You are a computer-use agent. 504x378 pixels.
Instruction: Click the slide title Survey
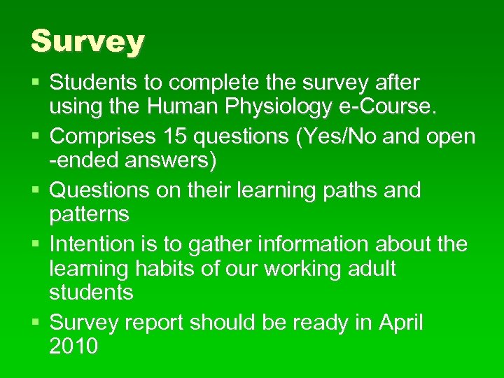point(87,42)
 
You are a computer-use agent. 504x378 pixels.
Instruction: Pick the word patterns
point(89,214)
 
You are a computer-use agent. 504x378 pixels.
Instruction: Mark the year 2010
point(73,346)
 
